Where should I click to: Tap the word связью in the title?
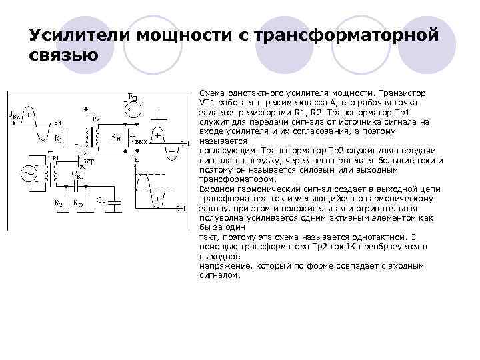64,55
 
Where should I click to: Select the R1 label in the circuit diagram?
59,139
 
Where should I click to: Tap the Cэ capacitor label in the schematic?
101,199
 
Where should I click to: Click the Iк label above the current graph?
137,161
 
